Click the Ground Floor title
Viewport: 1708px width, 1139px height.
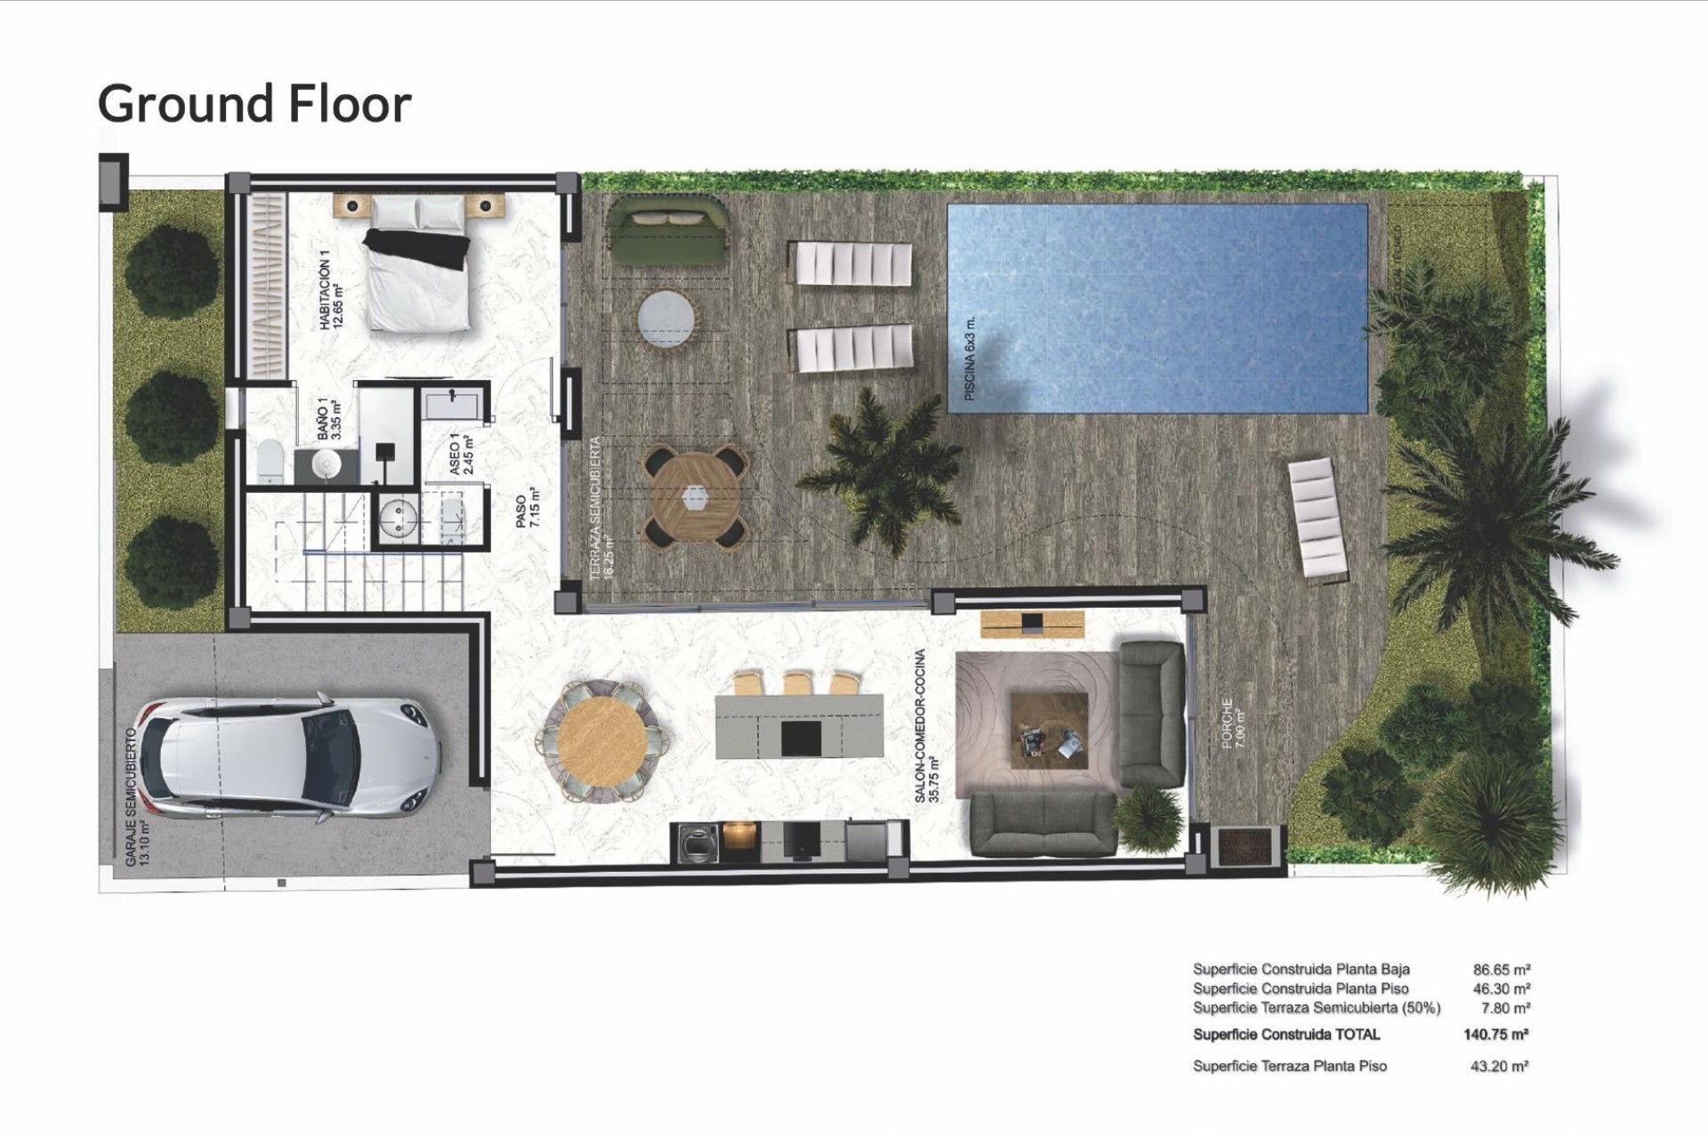click(254, 104)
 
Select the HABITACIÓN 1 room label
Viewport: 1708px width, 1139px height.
click(330, 290)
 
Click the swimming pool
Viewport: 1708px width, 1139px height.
click(1156, 308)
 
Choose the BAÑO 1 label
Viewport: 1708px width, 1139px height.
click(329, 419)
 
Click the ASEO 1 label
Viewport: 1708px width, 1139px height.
click(462, 454)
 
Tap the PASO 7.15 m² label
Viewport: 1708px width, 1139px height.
click(528, 508)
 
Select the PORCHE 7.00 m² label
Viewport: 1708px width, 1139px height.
click(1234, 723)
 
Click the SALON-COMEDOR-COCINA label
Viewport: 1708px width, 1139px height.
click(926, 726)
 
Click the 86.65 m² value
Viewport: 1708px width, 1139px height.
click(1501, 970)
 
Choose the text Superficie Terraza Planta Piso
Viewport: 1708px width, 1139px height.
click(1289, 1066)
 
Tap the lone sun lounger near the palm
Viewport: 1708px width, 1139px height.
click(1317, 521)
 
